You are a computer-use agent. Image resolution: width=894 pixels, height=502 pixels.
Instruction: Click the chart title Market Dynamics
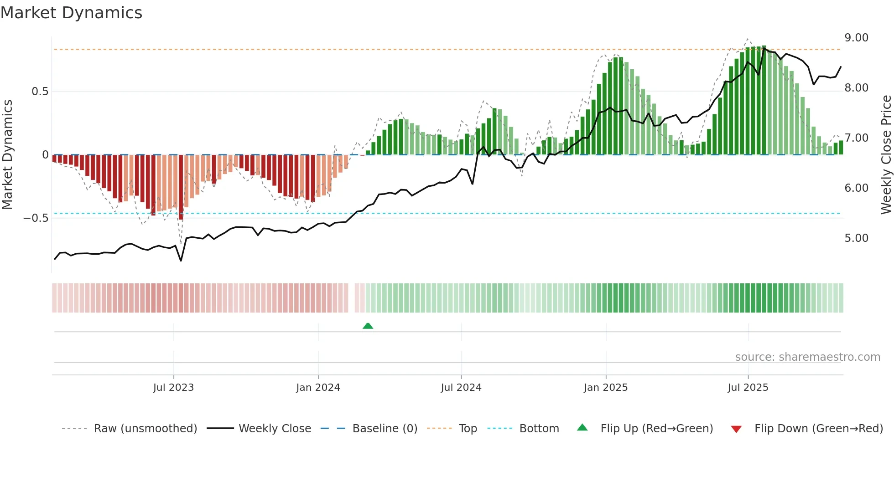coord(72,13)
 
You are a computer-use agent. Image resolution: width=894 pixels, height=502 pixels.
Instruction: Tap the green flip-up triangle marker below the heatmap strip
coord(368,326)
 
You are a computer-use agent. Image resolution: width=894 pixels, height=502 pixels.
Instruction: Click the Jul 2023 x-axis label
coord(173,388)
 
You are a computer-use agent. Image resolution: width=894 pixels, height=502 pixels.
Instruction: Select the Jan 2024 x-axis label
coord(318,388)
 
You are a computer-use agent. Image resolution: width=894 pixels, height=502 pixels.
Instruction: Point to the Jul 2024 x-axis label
coord(461,388)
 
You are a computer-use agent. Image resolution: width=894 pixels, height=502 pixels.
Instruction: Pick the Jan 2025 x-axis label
coord(605,388)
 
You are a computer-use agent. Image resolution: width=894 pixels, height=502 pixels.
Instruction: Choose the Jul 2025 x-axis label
coord(748,388)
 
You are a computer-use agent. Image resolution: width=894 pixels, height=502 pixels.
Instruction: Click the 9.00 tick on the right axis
coord(856,38)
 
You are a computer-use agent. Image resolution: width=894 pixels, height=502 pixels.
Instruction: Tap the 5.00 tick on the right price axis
coord(856,238)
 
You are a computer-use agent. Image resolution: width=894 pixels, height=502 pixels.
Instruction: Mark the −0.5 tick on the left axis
coord(36,218)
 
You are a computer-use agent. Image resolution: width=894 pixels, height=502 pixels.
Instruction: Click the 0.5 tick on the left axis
coord(40,92)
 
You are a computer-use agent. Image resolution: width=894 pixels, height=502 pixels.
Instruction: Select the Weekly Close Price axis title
coord(886,154)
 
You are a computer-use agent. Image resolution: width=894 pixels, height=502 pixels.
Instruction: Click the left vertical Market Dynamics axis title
coord(7,154)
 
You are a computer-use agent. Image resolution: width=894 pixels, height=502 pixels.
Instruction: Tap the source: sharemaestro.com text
coord(807,357)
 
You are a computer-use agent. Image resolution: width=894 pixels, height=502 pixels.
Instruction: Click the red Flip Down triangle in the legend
coord(736,429)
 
